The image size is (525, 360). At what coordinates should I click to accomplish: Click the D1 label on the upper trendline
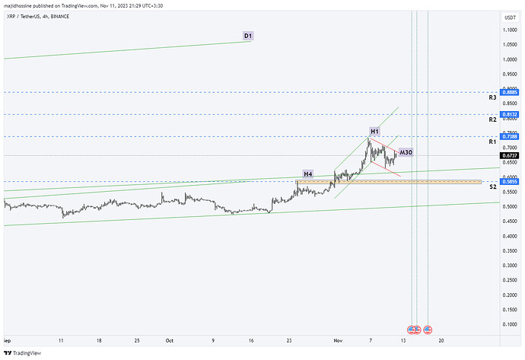coord(248,36)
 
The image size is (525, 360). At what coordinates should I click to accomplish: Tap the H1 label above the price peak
coord(374,132)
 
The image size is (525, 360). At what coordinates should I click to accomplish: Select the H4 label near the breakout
coord(308,174)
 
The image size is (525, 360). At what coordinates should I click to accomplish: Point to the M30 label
coord(406,152)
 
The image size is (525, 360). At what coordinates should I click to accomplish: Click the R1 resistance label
coord(492,142)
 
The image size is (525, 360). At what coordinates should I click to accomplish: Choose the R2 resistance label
coord(492,120)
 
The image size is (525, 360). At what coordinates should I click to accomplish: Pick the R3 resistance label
coord(492,98)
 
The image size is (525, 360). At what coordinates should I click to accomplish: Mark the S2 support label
coord(492,186)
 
